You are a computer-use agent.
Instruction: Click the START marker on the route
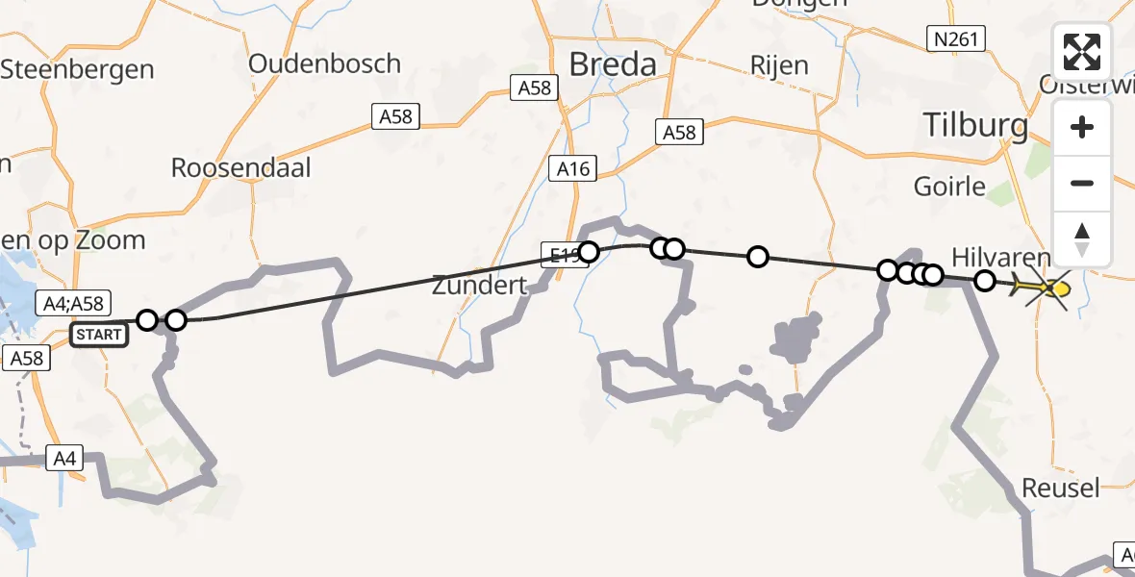point(100,335)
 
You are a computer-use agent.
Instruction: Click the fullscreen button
point(1082,52)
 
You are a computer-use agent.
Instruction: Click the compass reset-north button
point(1082,239)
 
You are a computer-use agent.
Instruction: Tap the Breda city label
point(613,64)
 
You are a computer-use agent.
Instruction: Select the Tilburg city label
point(975,124)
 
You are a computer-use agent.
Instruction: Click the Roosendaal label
point(240,167)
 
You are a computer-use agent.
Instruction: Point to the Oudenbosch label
point(324,63)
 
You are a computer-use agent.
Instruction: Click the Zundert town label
point(479,285)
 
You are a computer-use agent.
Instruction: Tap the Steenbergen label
point(77,69)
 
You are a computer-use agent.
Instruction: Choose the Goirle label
point(951,185)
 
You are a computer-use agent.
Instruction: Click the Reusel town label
point(1060,488)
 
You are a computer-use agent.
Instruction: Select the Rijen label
point(779,65)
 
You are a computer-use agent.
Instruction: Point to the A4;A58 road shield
point(73,303)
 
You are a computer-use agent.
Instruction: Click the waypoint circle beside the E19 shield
point(589,252)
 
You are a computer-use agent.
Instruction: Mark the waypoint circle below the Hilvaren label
point(985,281)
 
